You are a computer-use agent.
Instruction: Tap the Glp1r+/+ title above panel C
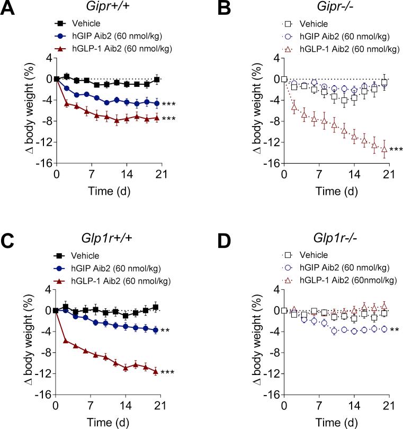(109, 242)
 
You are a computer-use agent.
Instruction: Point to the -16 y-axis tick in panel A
(43, 163)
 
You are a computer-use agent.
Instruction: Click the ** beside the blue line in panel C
(165, 331)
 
